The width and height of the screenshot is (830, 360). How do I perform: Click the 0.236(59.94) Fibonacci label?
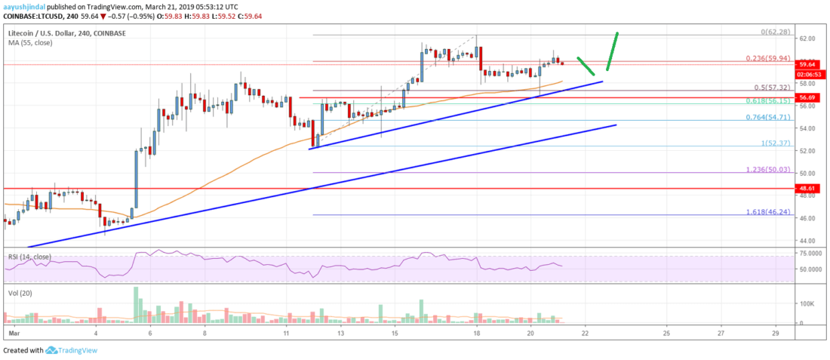[770, 57]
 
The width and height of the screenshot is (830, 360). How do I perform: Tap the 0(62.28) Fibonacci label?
[774, 32]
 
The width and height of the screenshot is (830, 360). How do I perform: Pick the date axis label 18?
[477, 333]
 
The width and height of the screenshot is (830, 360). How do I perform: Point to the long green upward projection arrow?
[612, 52]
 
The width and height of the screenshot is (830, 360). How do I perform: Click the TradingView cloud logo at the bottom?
[51, 350]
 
